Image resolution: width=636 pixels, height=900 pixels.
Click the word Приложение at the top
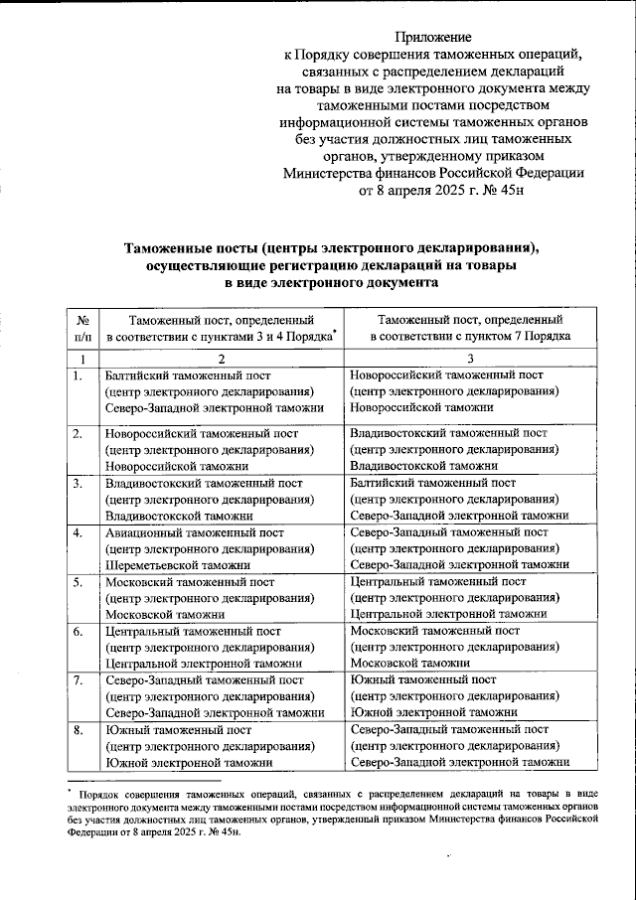(x=432, y=37)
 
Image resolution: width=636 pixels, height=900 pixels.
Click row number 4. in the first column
(x=78, y=532)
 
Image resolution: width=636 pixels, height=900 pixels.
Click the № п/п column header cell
(x=84, y=329)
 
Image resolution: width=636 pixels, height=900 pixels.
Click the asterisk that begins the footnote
(x=71, y=792)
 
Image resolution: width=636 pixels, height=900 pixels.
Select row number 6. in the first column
(x=78, y=631)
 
